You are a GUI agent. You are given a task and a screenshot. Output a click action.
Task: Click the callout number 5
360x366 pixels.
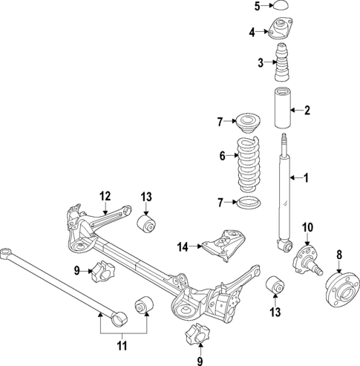pos(257,7)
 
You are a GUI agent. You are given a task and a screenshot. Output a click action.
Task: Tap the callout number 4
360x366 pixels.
pos(252,32)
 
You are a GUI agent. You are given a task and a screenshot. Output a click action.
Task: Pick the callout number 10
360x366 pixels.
pos(308,226)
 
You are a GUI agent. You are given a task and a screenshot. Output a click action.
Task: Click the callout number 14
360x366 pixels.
pos(183,246)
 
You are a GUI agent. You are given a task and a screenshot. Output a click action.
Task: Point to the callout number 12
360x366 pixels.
pos(105,196)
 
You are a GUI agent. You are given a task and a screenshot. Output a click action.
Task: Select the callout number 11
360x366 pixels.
pos(123,345)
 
